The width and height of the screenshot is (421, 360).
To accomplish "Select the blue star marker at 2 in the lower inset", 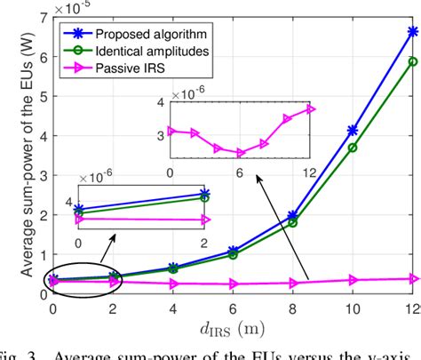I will pos(205,194).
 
